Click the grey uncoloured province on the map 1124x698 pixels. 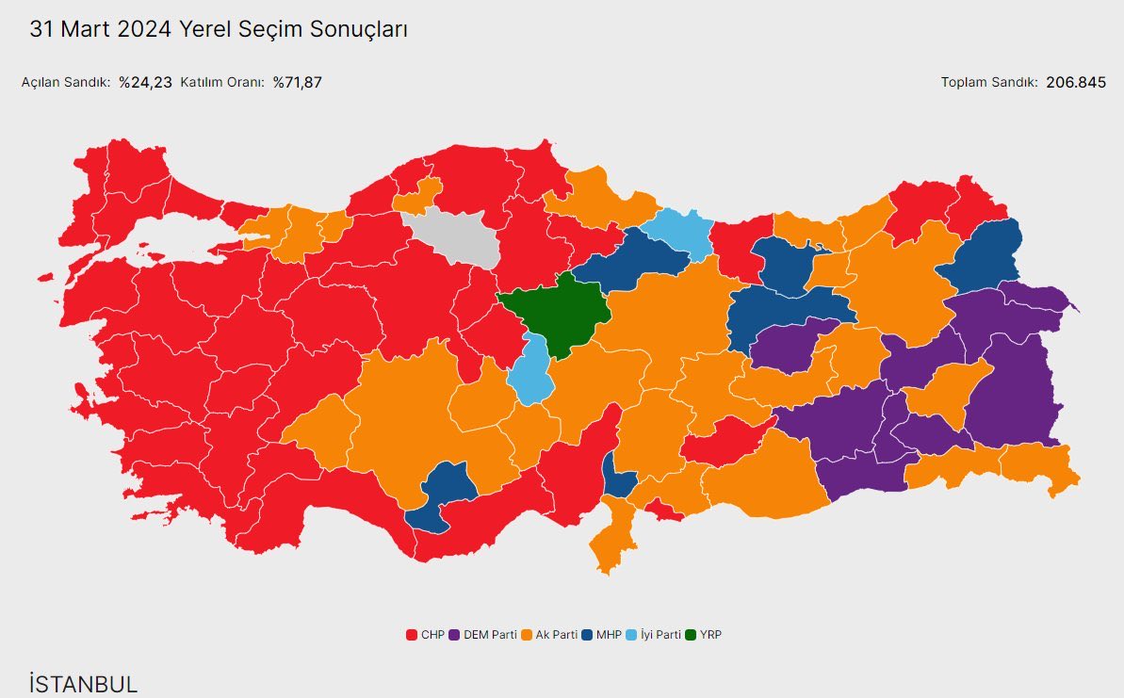pos(452,240)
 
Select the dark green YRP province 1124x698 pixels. pos(556,311)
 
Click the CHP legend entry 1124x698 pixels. pos(426,635)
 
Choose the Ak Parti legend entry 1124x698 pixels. pos(550,635)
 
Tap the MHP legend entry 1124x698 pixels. pos(602,635)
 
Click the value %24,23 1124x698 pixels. pos(145,82)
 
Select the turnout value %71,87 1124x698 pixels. pos(298,82)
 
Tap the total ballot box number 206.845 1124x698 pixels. pos(1076,82)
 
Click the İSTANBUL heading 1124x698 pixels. pos(83,684)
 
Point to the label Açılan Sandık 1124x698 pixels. pos(66,82)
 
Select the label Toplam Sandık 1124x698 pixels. pos(989,82)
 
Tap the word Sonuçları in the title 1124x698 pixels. pos(364,29)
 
